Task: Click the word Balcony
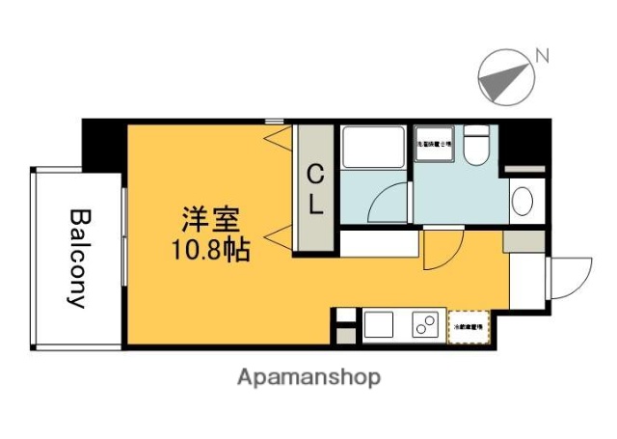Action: point(78,258)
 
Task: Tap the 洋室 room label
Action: point(206,219)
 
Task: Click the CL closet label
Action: point(315,189)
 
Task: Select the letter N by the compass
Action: point(543,56)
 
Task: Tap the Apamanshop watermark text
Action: point(308,376)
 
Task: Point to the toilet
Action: point(475,150)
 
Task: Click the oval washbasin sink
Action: point(522,201)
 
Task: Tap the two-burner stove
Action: point(424,325)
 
